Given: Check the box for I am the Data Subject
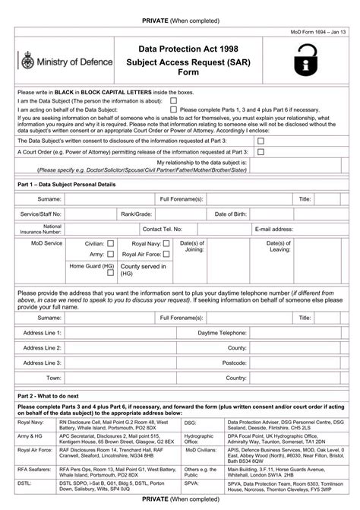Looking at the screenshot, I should coord(174,100).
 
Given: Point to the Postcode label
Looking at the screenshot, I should coord(234,363).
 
